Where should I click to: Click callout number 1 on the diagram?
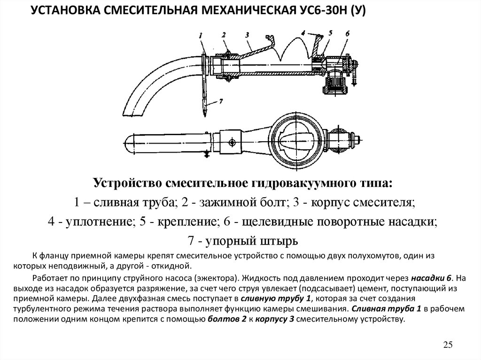coord(201,35)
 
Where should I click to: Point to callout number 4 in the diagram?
coord(304,33)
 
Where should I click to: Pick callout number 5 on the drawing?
coord(331,32)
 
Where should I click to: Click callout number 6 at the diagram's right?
coord(347,33)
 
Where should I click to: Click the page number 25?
coord(448,345)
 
